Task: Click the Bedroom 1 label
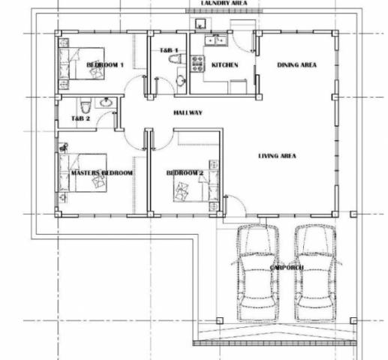pos(105,65)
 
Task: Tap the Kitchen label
pos(224,65)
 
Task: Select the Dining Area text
pos(297,65)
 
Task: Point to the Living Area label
pos(277,156)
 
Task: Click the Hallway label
pos(188,112)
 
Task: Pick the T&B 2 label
pos(80,118)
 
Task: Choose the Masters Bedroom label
pos(102,172)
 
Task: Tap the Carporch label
pos(287,268)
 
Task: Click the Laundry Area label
pos(224,3)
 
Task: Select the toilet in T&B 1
pos(177,58)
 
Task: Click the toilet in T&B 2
pos(86,105)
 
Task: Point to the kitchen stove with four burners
pos(197,64)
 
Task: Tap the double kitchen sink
pos(215,40)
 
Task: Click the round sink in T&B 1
pos(181,80)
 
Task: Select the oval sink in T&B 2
pos(106,103)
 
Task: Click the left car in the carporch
pos(257,273)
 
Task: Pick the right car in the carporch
pos(315,273)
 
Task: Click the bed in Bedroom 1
pos(81,64)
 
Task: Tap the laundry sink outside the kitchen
pos(200,23)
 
